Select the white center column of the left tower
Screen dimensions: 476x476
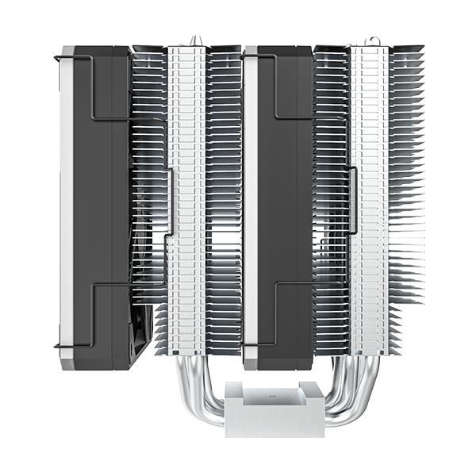click(187, 198)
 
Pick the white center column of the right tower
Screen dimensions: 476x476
click(369, 198)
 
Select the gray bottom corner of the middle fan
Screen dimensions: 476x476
click(251, 363)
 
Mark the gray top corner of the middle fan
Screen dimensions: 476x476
click(251, 51)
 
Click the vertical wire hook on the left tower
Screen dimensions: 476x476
click(171, 202)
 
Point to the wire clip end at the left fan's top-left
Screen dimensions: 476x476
click(56, 57)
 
